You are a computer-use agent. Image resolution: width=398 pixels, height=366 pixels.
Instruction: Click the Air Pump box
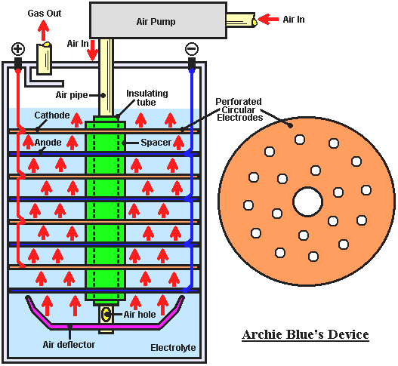[158, 20]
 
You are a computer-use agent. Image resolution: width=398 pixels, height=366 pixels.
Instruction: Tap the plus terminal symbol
[18, 49]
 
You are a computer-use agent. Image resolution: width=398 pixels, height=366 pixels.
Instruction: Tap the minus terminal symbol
[192, 49]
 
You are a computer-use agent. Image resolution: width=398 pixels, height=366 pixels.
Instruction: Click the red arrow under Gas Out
[43, 30]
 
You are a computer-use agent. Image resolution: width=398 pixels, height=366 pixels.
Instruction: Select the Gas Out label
[45, 13]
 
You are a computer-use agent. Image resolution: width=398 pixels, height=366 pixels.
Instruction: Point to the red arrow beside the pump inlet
[268, 20]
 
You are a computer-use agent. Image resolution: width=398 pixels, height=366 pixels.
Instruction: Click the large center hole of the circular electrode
[307, 202]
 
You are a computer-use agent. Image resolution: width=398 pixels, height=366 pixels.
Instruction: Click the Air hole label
[140, 315]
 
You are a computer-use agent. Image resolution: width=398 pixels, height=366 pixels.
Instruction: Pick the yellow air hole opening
[105, 314]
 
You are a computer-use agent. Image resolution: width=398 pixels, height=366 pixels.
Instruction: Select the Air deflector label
[69, 344]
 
